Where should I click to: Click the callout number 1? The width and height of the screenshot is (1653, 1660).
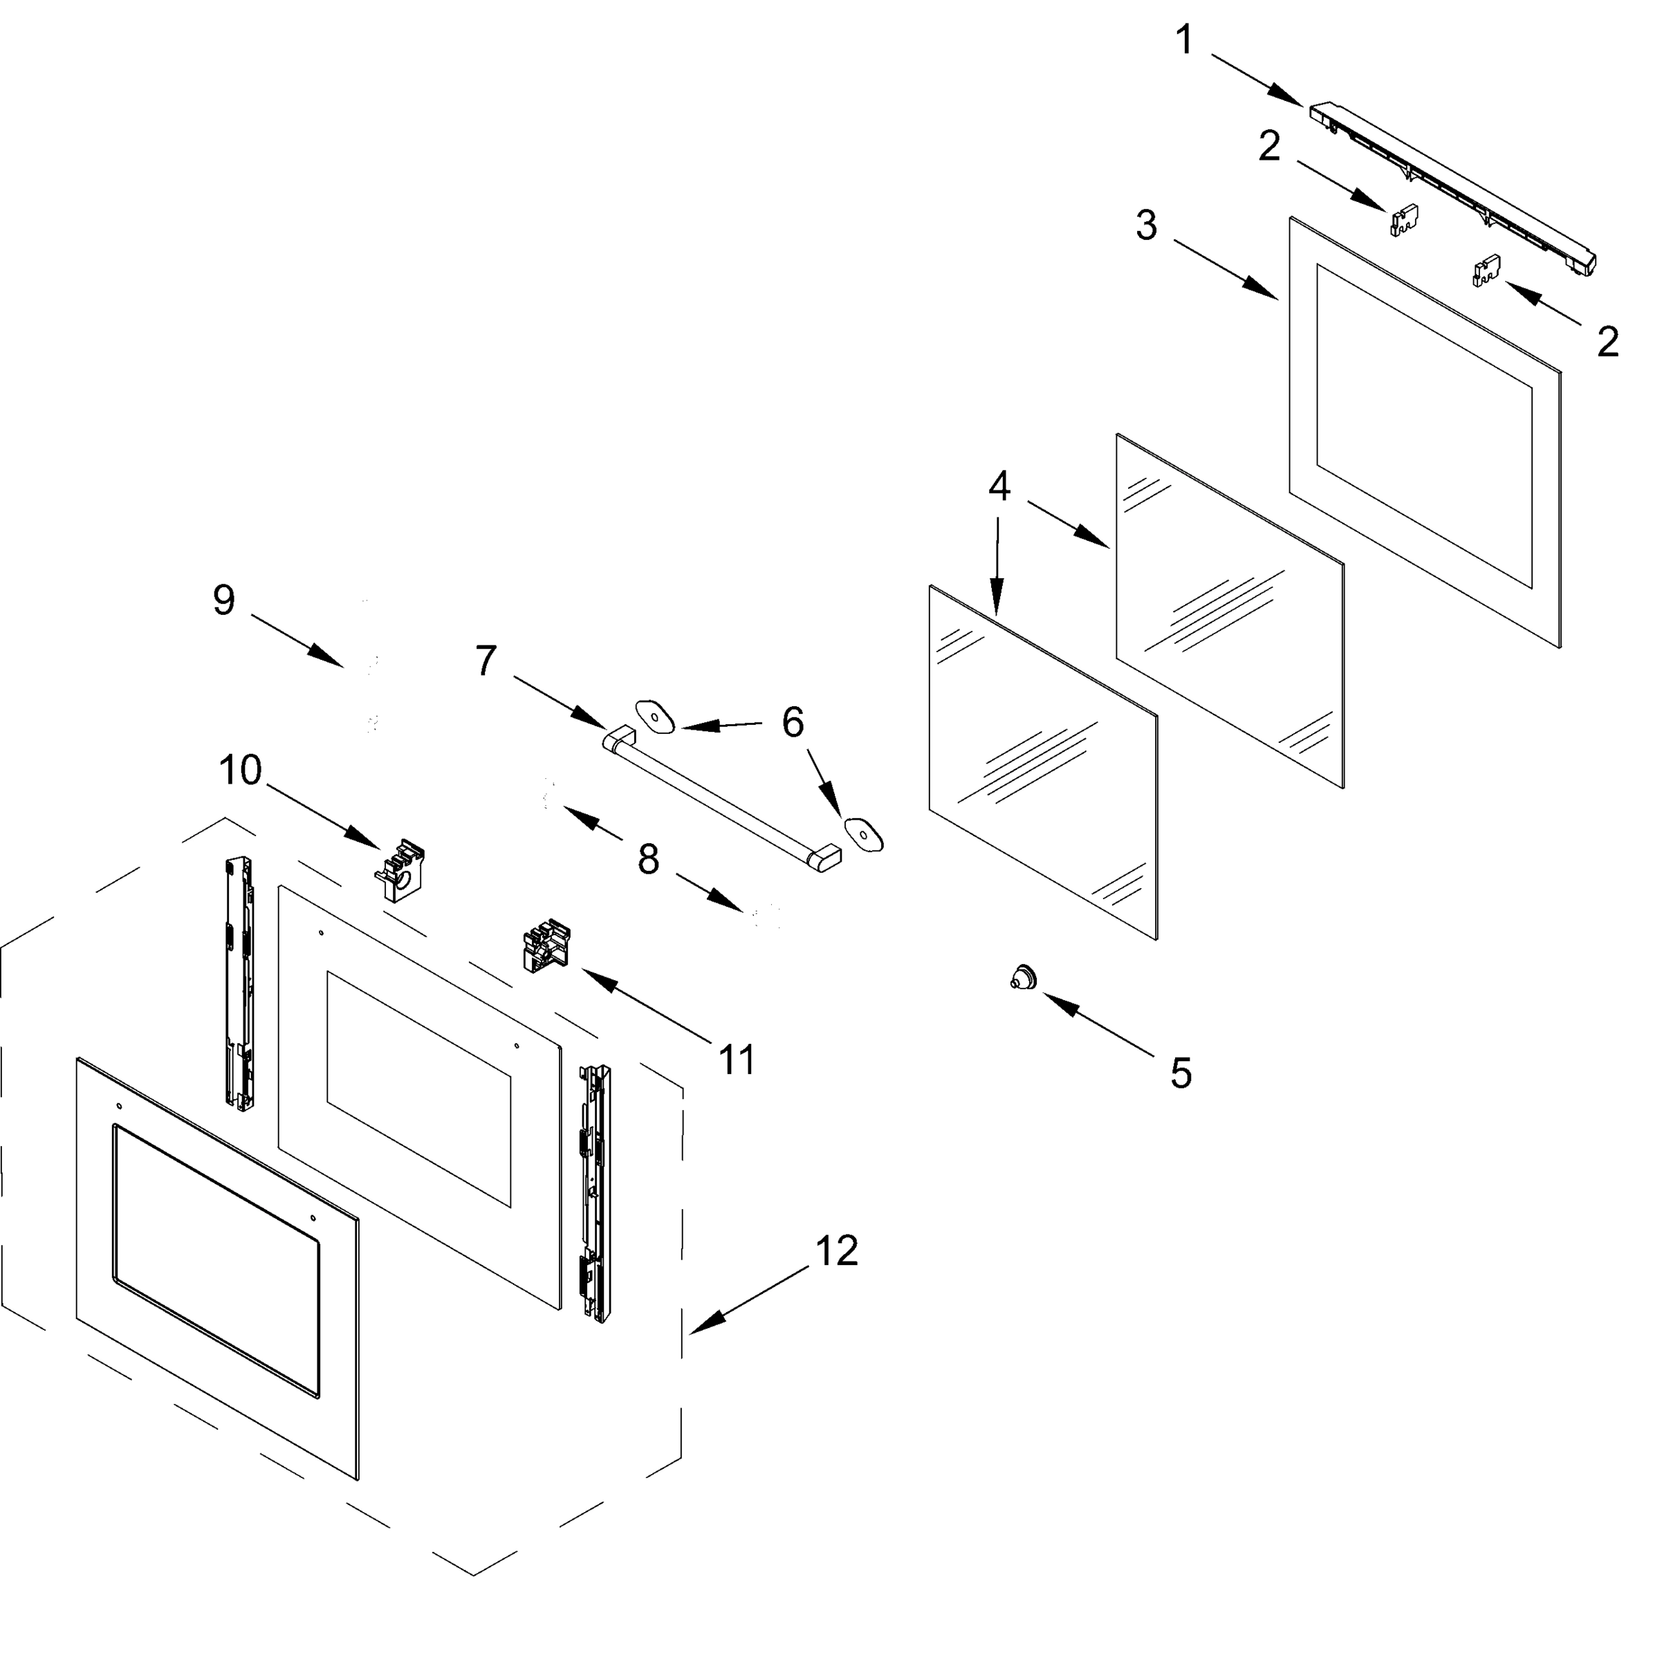click(x=1185, y=40)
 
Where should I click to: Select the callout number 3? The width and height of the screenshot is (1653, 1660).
click(x=1147, y=226)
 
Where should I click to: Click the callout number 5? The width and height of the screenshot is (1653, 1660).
click(x=1181, y=1073)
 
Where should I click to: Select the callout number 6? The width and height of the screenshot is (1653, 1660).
click(x=792, y=723)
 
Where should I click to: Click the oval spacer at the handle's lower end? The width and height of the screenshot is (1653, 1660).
click(x=863, y=833)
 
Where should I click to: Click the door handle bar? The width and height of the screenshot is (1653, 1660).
click(x=721, y=797)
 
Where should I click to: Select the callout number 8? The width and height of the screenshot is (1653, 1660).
click(x=649, y=858)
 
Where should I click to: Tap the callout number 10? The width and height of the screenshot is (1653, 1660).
click(x=240, y=770)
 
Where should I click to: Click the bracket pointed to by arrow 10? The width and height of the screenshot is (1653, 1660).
click(x=400, y=870)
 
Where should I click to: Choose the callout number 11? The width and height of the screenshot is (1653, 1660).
click(x=737, y=1060)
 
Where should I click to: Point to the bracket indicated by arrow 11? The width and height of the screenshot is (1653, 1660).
click(x=546, y=947)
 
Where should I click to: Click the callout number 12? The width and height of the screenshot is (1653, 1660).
click(x=836, y=1251)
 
